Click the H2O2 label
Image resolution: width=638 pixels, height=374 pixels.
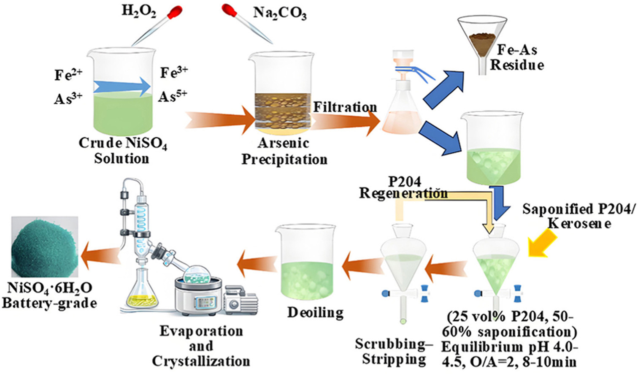pos(139,11)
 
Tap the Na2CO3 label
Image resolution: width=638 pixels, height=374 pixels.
pos(280,13)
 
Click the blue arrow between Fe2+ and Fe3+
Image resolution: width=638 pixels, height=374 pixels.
pos(122,87)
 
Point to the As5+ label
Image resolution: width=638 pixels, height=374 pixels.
pos(173,96)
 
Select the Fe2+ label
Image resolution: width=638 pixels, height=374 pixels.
pos(68,74)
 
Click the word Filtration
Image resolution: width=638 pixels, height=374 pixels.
pos(345,107)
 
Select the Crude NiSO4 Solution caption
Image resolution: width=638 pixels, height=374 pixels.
pos(122,151)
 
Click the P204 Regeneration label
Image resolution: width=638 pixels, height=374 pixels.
pos(403,187)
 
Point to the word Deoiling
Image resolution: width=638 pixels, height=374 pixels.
pos(315,312)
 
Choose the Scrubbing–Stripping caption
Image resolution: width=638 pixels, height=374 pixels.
pos(394,351)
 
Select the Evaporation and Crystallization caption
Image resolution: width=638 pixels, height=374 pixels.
pos(201,346)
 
